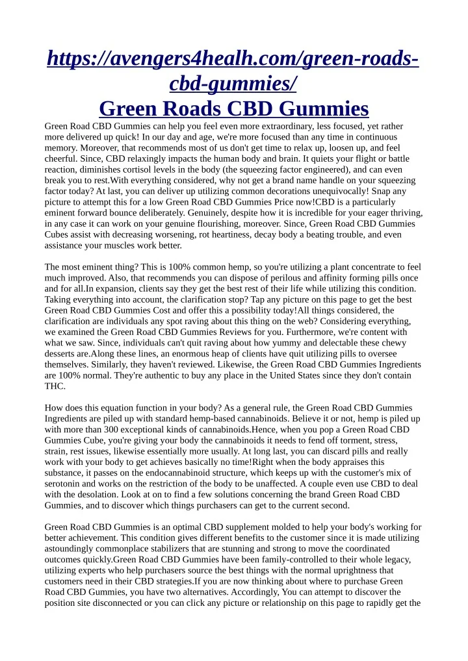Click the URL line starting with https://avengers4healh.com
click(x=233, y=60)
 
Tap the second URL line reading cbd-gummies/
click(x=233, y=83)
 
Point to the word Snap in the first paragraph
click(x=373, y=192)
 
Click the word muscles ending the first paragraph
click(x=123, y=246)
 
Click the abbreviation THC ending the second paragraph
click(x=55, y=386)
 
